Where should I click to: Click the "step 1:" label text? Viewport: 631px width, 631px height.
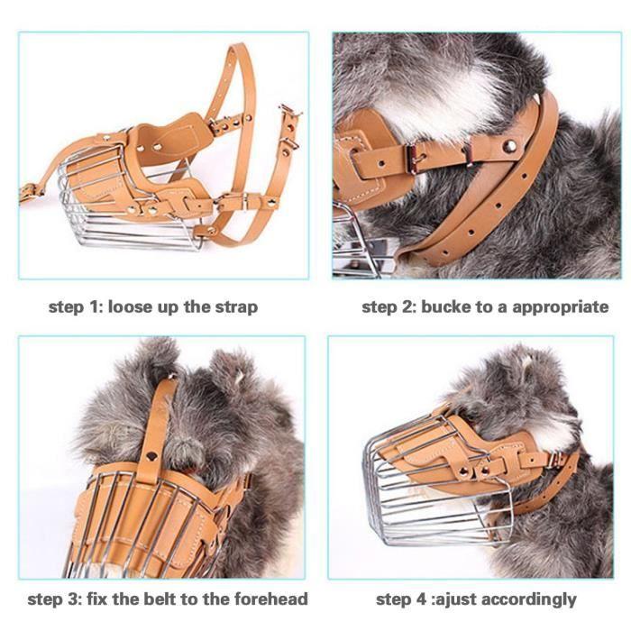(x=76, y=306)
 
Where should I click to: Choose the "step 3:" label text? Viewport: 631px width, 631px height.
(x=56, y=599)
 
